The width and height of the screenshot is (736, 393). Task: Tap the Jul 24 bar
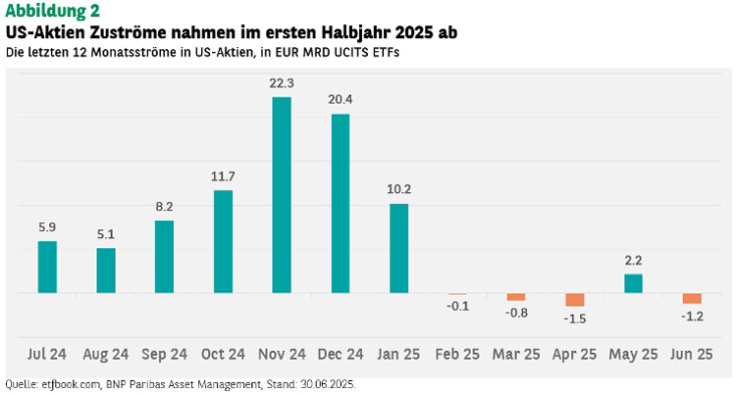[x=47, y=267]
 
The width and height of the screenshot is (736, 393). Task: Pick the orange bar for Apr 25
[x=575, y=299]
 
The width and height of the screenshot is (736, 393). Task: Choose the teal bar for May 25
[x=634, y=283]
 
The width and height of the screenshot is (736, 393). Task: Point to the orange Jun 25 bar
[x=692, y=298]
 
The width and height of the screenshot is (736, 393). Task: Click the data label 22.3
[x=282, y=83]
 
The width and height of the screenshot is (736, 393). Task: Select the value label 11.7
[x=223, y=176]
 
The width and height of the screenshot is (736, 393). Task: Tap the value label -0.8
[x=516, y=313]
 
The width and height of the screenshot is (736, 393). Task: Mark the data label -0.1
[x=457, y=307]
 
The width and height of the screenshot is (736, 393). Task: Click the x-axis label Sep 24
[x=165, y=354]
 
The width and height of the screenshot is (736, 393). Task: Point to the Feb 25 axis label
[x=457, y=354]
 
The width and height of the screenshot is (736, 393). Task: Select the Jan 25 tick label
[x=399, y=354]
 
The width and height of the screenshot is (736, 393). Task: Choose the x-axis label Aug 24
[x=106, y=354]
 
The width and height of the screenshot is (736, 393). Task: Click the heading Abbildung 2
[x=52, y=11]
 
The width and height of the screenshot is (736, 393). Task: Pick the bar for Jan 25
[x=399, y=248]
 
